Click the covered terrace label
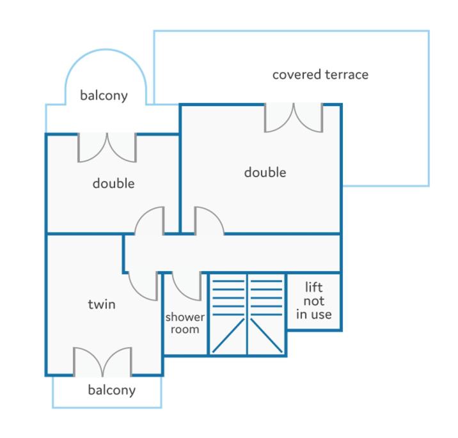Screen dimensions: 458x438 [320, 75]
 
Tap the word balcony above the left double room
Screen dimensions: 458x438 [104, 95]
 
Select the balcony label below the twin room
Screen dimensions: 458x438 [111, 390]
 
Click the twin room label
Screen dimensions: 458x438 [102, 304]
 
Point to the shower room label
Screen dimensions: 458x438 [185, 324]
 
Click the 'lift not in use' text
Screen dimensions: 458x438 [313, 301]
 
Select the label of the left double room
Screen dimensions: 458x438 [114, 184]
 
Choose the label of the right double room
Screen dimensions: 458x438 [265, 172]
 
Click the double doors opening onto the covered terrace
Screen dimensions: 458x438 [294, 118]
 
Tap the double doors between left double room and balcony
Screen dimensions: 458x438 [107, 148]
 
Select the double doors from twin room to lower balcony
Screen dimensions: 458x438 [102, 362]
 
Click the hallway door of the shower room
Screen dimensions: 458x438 [187, 286]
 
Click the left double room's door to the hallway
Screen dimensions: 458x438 [149, 221]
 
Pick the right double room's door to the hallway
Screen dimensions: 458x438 [209, 221]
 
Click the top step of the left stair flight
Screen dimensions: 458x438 [228, 281]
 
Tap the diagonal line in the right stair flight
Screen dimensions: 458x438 [266, 336]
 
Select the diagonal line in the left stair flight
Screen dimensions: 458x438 [228, 336]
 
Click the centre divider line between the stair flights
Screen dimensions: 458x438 [248, 314]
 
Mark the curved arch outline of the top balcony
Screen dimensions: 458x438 [106, 50]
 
